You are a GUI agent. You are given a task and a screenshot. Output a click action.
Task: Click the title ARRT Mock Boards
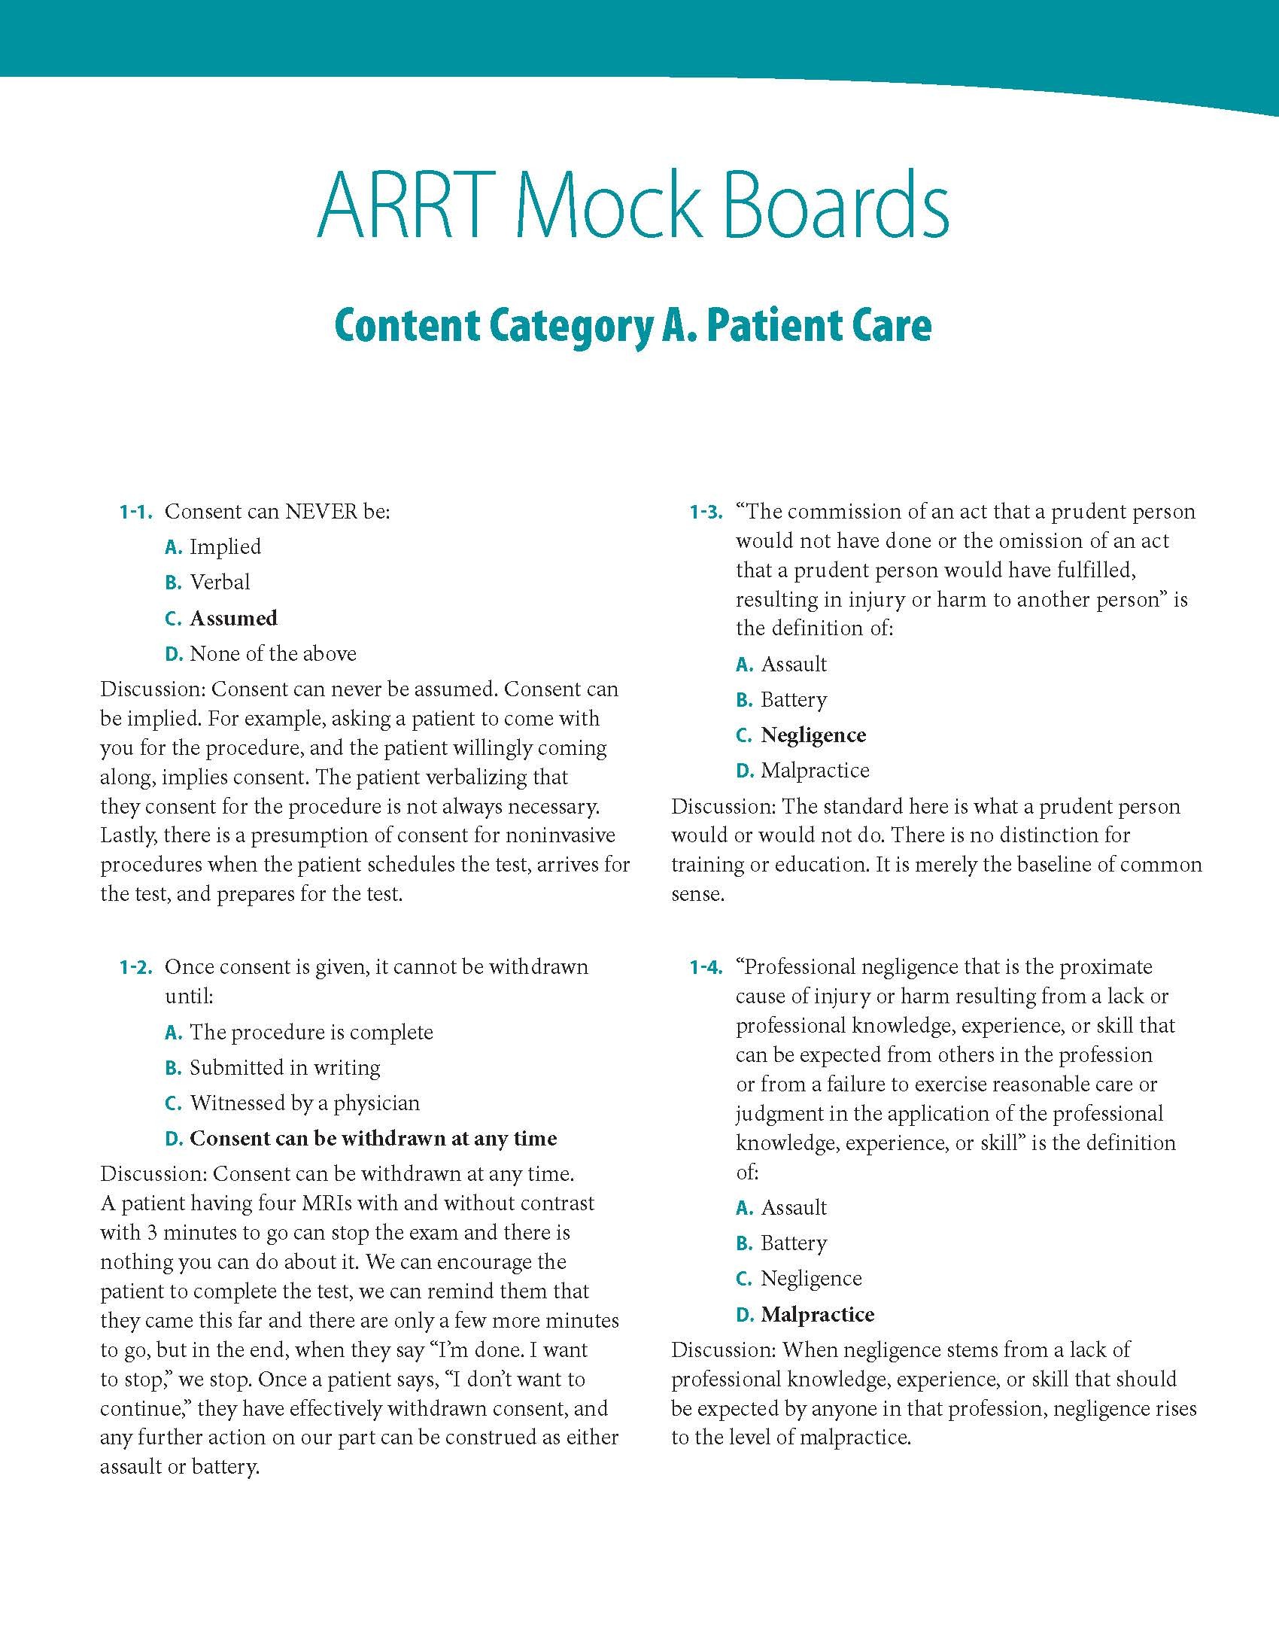(633, 205)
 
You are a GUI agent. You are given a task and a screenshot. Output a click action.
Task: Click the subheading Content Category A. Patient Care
(633, 326)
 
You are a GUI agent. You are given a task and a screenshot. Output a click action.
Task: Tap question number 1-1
(136, 513)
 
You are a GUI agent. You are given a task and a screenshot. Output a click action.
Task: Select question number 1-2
(136, 968)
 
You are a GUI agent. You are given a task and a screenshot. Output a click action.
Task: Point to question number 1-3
(706, 513)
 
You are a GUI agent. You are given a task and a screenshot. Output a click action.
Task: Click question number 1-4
(706, 968)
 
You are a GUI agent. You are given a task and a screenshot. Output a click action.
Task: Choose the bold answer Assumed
(233, 619)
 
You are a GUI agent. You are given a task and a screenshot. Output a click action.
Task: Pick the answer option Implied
(225, 547)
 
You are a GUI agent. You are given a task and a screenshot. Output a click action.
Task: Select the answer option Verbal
(220, 583)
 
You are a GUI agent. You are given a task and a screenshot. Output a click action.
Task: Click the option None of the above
(273, 654)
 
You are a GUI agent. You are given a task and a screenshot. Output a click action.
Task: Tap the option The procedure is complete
(311, 1033)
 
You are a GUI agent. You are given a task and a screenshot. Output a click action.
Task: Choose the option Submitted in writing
(285, 1068)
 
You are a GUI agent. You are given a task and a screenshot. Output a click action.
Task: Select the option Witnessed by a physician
(305, 1103)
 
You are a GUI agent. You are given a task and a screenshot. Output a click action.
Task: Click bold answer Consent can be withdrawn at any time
(373, 1139)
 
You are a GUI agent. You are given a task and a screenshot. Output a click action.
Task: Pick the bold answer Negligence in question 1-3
(813, 735)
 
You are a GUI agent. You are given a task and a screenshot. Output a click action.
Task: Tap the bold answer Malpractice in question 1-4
(818, 1315)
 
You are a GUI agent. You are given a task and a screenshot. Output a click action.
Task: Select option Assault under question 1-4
(794, 1208)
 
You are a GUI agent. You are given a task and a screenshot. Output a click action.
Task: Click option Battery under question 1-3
(794, 700)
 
